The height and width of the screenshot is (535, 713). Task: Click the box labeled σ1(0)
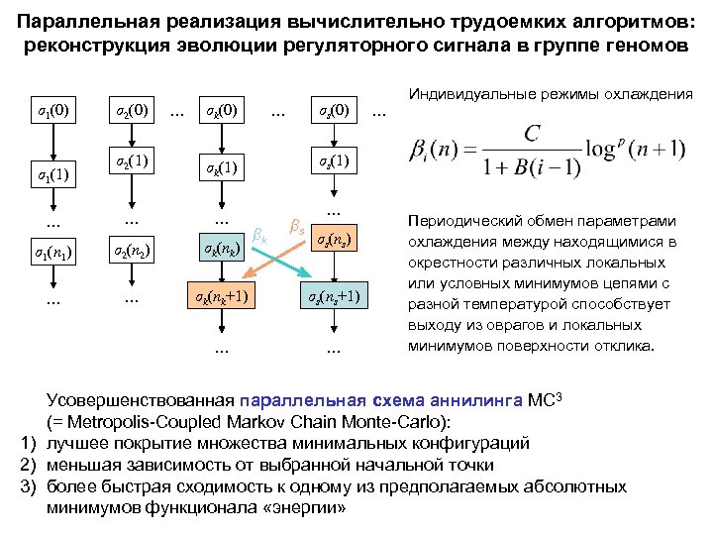[x=47, y=109]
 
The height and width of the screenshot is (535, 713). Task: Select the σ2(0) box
[x=131, y=109]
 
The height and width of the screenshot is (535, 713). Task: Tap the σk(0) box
[x=221, y=109]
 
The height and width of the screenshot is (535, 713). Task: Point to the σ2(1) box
[x=131, y=160]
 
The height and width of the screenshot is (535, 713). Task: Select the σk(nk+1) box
[x=221, y=297]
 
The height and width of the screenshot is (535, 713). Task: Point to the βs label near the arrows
[x=295, y=227]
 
